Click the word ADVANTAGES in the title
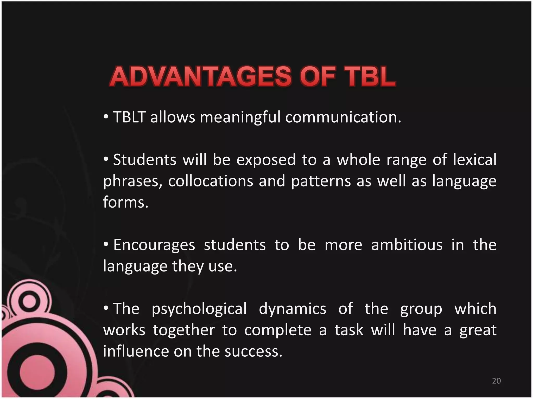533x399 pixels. pos(200,77)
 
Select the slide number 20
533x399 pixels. pos(496,381)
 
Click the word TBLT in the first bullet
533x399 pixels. pos(129,117)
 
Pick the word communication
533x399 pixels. pos(343,117)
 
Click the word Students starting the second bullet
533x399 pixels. pos(145,160)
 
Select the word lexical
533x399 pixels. pos(475,160)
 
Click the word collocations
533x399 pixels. pos(211,181)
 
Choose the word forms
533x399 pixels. pos(125,202)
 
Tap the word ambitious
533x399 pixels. pos(407,245)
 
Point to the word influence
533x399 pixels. pos(136,352)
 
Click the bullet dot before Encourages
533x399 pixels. pos(106,244)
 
